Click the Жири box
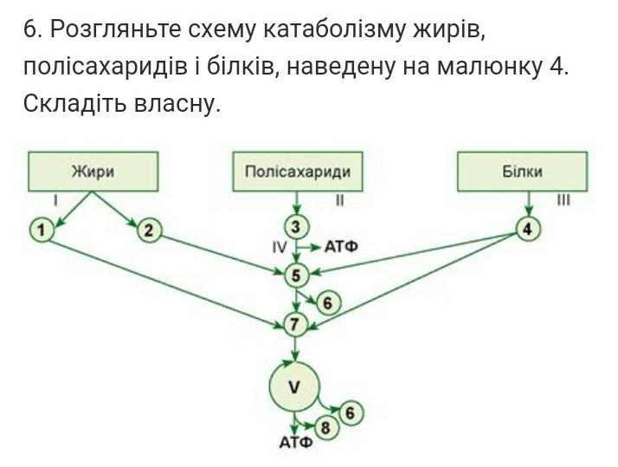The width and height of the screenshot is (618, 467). (93, 172)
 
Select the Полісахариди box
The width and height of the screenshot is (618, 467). (298, 172)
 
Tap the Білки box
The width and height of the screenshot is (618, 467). (522, 172)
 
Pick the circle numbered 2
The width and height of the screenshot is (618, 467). (149, 230)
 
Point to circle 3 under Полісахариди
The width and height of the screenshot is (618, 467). (297, 227)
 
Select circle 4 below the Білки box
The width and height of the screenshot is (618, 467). (528, 229)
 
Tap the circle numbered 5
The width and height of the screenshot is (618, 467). (297, 276)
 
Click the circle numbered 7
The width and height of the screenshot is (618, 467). (297, 325)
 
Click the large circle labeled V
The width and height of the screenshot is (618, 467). (294, 387)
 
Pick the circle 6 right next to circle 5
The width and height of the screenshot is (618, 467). (327, 303)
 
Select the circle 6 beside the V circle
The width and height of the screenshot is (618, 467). (350, 413)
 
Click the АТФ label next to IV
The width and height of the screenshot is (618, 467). (341, 248)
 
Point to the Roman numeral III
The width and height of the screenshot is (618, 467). (563, 200)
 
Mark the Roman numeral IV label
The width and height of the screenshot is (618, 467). (279, 248)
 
